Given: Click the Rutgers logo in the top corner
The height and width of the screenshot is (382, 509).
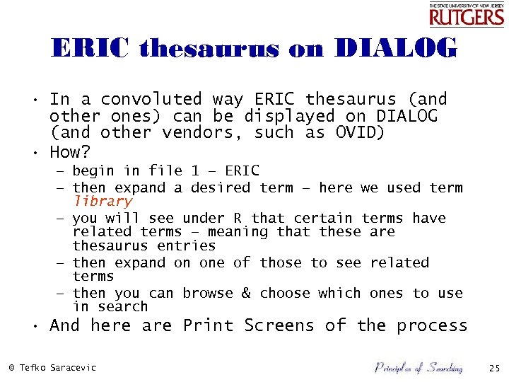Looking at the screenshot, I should (x=467, y=14).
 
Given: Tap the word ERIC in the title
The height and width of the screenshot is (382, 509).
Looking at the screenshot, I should (x=91, y=49).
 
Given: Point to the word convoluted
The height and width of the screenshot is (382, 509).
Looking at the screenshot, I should (x=151, y=99).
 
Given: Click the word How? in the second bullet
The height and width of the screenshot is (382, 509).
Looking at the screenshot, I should (x=71, y=152).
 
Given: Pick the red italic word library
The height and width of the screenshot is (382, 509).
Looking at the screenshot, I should (x=103, y=202).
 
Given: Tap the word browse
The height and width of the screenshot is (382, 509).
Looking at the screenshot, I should (x=209, y=293).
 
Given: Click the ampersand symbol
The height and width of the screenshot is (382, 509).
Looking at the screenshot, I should (x=246, y=293).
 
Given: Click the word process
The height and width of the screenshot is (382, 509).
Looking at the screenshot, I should (x=432, y=326).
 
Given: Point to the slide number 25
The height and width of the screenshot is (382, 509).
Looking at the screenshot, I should (x=494, y=368).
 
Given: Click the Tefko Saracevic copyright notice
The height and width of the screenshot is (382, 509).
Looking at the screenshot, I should (x=52, y=368).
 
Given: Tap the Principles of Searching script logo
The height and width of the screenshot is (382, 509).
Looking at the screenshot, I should (x=419, y=367).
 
